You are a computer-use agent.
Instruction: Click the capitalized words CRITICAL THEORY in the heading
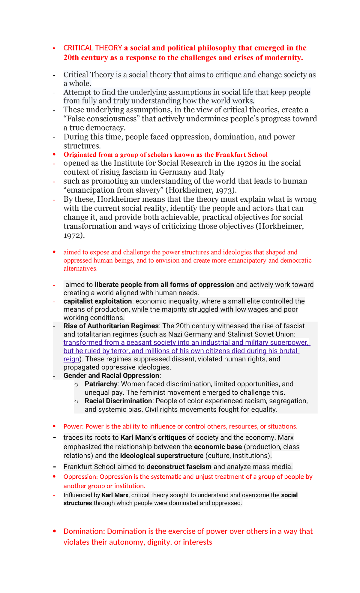click(92, 48)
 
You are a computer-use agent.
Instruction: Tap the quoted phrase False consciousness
click(102, 119)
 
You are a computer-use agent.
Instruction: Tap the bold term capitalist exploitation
click(97, 301)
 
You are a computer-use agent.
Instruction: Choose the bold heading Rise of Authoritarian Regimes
click(111, 326)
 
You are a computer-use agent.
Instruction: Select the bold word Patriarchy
click(101, 384)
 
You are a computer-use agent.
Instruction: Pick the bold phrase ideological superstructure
click(162, 456)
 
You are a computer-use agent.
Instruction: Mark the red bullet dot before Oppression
click(54, 477)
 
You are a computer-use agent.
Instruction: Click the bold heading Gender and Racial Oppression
click(111, 376)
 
